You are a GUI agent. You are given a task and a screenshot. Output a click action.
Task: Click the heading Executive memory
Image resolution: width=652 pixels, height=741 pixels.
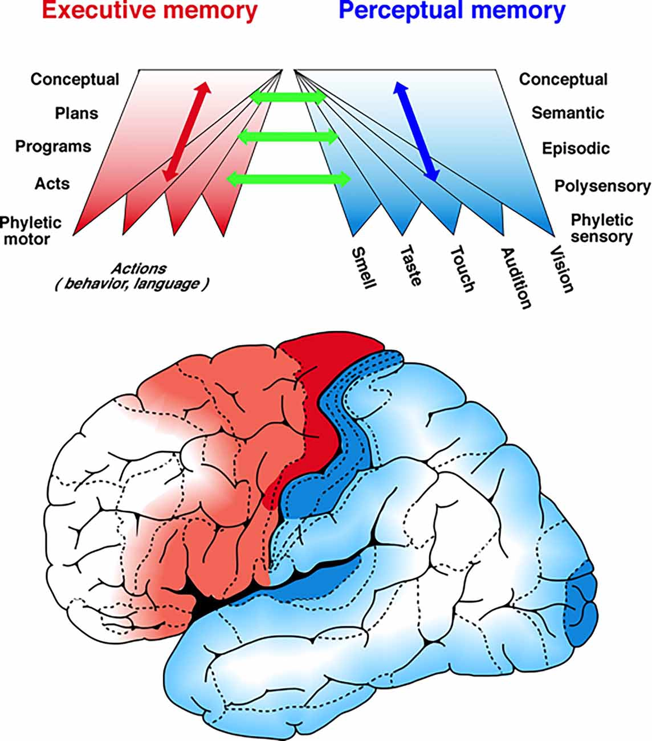[149, 11]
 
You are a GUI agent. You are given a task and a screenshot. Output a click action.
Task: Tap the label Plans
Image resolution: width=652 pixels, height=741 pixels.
[76, 113]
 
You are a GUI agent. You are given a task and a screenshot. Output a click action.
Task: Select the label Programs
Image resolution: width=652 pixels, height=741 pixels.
[53, 146]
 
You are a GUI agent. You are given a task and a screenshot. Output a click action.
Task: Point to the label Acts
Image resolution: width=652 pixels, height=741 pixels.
[52, 184]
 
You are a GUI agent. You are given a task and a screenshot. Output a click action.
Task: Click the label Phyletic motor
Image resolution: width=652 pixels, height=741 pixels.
[31, 230]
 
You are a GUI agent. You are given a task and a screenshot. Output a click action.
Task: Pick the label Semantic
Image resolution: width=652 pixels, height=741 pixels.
[567, 113]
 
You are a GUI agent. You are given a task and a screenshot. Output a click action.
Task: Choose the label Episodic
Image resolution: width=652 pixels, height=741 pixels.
[576, 149]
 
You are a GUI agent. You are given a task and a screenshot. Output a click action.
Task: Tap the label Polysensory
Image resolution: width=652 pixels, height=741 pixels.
[602, 186]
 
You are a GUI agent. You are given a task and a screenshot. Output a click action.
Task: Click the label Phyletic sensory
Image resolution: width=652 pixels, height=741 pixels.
[602, 228]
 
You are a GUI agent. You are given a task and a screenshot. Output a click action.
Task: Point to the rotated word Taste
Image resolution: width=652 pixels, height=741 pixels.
[411, 265]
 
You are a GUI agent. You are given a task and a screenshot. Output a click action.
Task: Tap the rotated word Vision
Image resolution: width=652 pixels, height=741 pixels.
[561, 269]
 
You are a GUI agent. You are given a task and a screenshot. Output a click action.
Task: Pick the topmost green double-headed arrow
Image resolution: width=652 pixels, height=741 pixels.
[288, 97]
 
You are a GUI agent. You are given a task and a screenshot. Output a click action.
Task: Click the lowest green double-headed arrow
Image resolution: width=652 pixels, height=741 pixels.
[288, 179]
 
